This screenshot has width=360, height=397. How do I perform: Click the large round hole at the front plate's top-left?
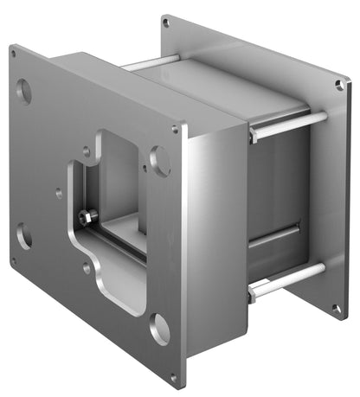click(x=24, y=90)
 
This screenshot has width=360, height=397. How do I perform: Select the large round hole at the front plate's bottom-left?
click(x=24, y=235)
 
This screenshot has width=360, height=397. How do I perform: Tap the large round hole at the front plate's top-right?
click(x=160, y=160)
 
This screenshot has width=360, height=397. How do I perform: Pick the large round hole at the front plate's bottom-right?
click(x=159, y=329)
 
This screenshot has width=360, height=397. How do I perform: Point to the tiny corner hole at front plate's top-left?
click(x=15, y=52)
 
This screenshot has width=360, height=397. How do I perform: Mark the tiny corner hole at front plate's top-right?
click(x=176, y=130)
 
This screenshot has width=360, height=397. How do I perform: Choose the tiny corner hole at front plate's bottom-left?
click(x=14, y=260)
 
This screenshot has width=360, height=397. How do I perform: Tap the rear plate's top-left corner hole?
click(x=166, y=22)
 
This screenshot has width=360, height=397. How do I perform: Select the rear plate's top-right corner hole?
click(x=340, y=85)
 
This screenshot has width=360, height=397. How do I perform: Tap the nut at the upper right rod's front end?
click(x=253, y=135)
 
